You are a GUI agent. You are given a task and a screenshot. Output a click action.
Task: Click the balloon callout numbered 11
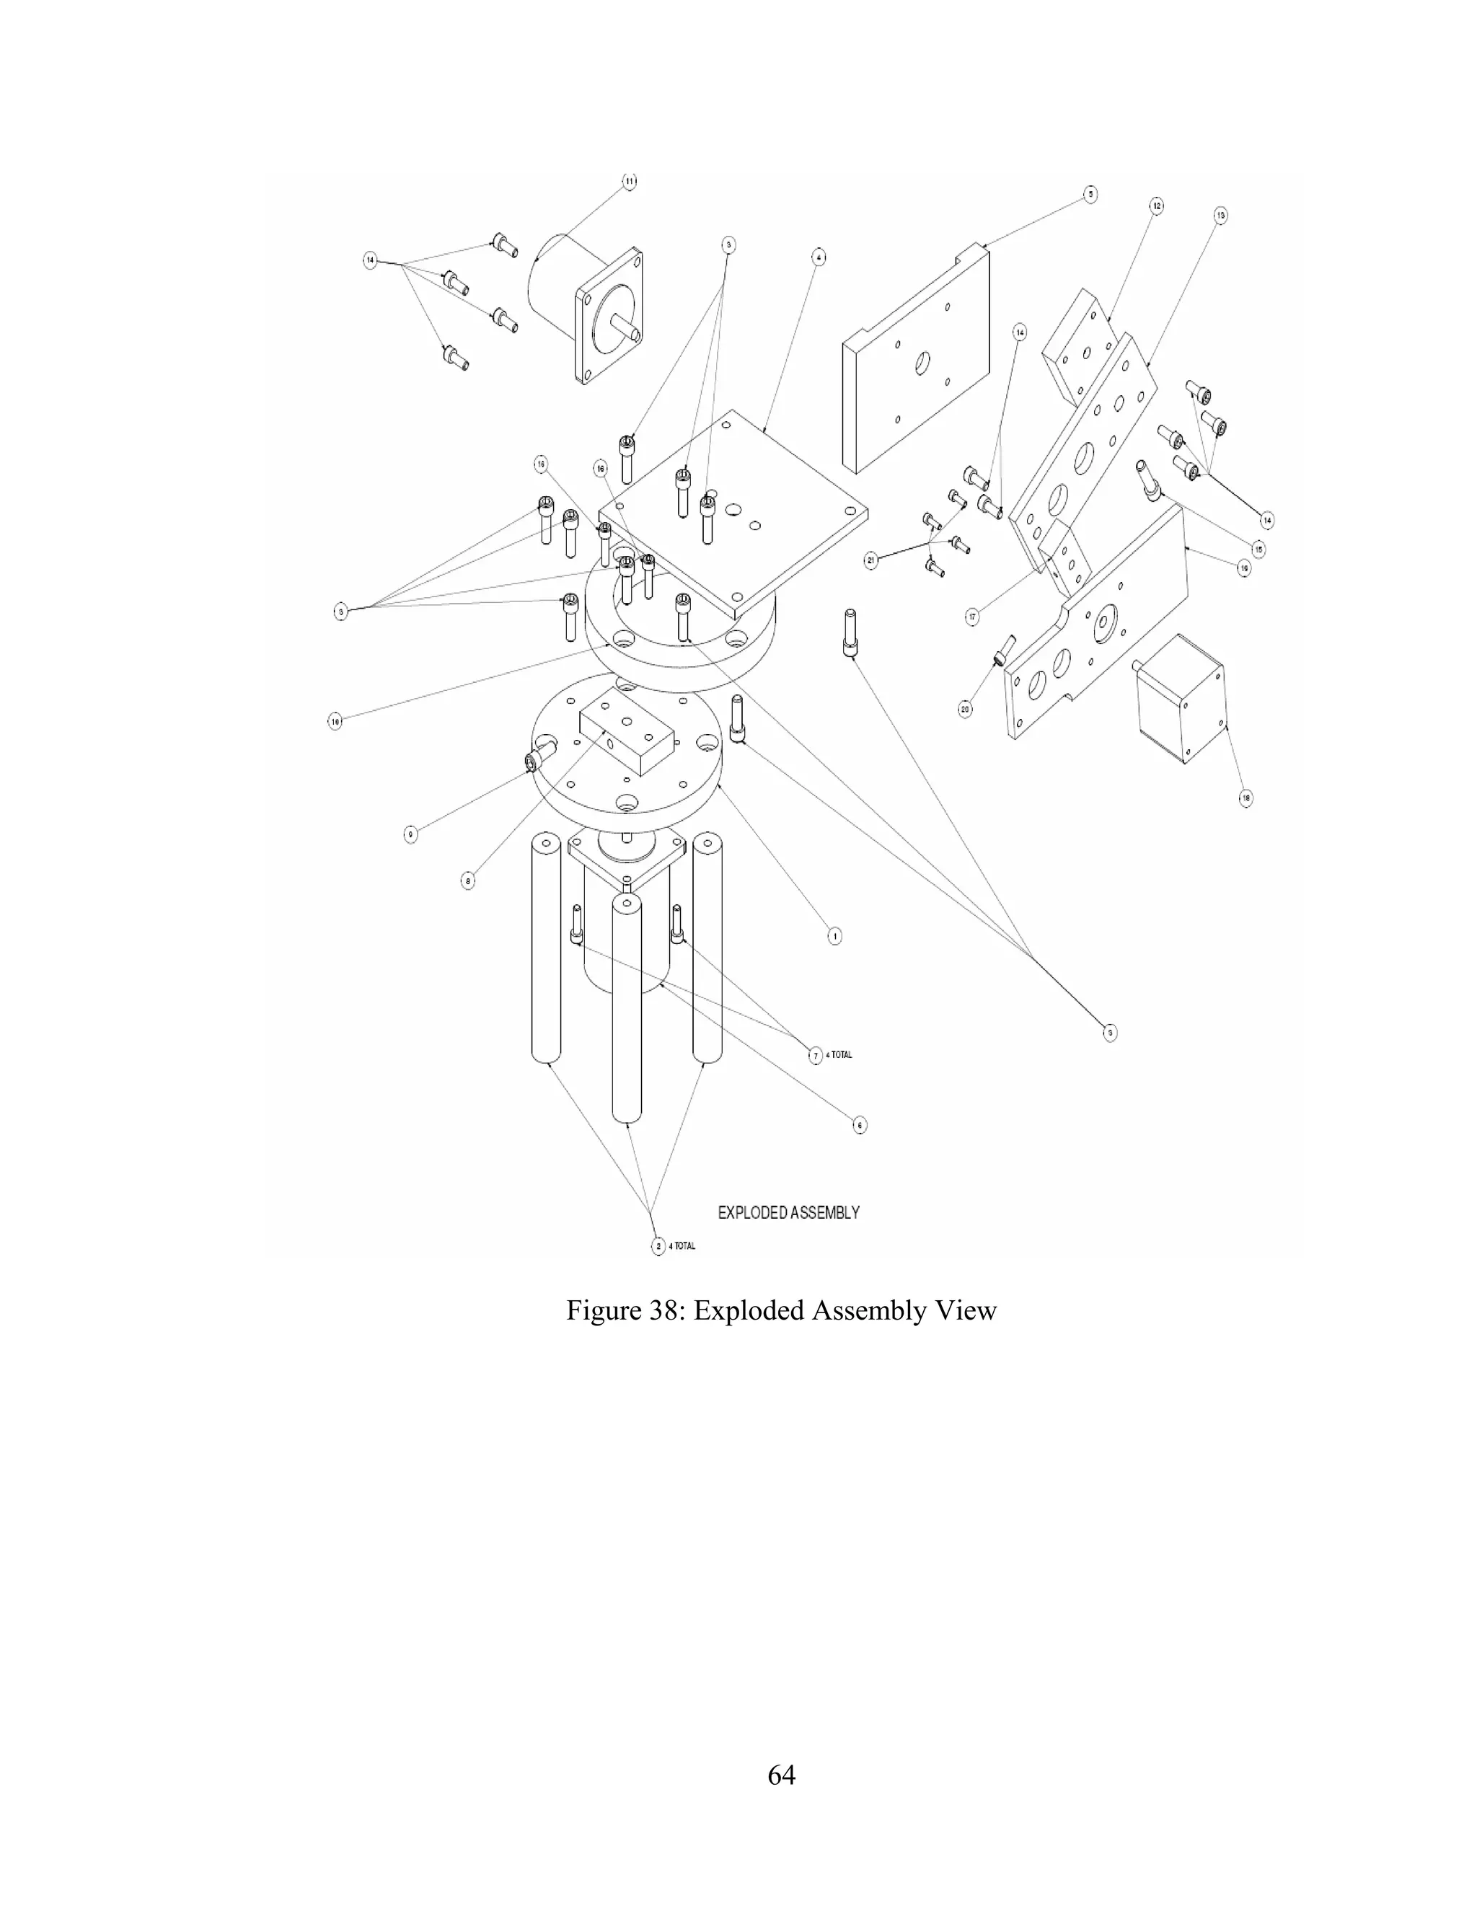(x=629, y=182)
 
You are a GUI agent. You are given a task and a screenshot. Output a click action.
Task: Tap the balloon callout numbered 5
(x=1090, y=194)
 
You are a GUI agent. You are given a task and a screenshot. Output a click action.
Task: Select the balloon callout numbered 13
(x=1221, y=214)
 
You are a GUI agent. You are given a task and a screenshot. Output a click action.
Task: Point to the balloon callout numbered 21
(x=871, y=561)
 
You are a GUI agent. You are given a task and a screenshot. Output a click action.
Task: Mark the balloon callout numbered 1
(x=834, y=936)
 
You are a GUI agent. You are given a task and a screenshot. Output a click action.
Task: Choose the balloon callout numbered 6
(x=860, y=1125)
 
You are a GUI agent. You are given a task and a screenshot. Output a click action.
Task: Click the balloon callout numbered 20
(x=965, y=709)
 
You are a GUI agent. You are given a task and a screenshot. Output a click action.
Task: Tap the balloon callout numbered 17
(x=973, y=617)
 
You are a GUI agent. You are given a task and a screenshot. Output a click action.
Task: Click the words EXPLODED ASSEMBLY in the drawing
(x=788, y=1213)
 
